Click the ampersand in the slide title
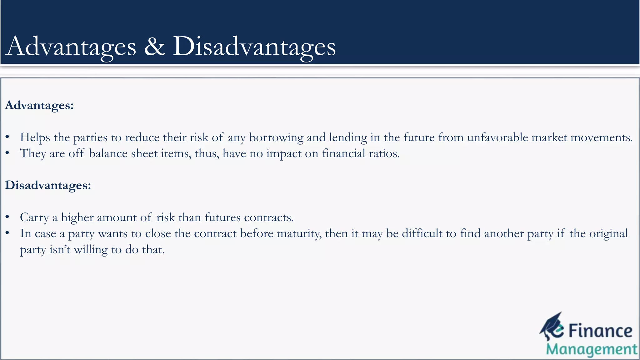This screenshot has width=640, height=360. pos(155,46)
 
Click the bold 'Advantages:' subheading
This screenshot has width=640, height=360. pos(39,105)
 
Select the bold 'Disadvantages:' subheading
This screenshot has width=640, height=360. pos(48,185)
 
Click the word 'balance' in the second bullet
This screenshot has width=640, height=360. pos(108,153)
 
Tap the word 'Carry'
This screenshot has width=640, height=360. pos(34,218)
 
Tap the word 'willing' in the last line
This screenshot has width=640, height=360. pos(91,250)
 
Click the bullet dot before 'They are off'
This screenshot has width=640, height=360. pos(7,153)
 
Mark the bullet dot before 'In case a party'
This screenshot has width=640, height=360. pos(7,233)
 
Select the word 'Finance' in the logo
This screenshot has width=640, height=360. pos(600,331)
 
